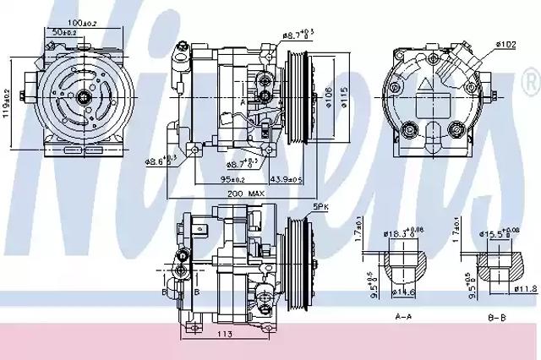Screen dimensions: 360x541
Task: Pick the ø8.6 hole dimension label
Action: (x=160, y=159)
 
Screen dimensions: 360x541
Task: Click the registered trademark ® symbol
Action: (x=529, y=85)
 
